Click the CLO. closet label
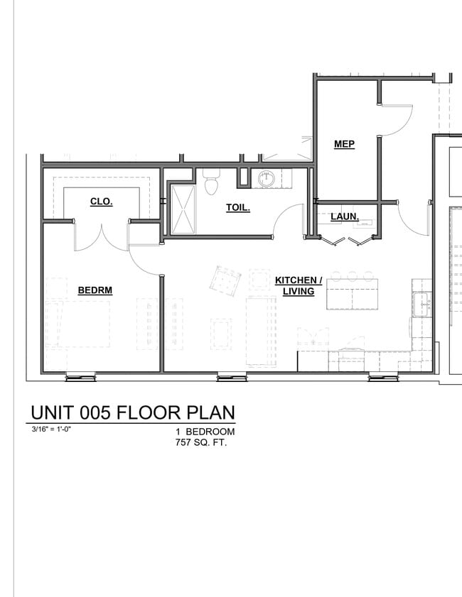[x=101, y=202]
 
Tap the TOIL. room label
[x=237, y=208]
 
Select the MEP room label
[x=344, y=144]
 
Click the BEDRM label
[x=95, y=290]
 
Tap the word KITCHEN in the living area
[x=299, y=280]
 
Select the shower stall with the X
[x=183, y=209]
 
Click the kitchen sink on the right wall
[x=422, y=303]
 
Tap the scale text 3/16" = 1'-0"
[x=51, y=429]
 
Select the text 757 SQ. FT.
[x=205, y=443]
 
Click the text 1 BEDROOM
[x=205, y=432]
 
